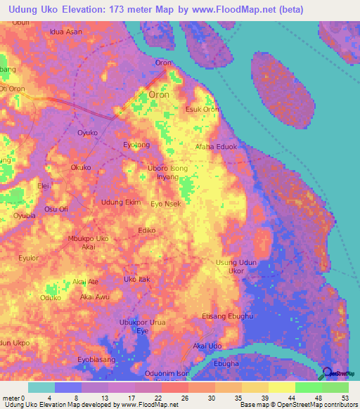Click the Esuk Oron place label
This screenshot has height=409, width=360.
(x=202, y=110)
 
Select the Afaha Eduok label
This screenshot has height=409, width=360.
(x=216, y=147)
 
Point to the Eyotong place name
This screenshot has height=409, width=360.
(x=137, y=145)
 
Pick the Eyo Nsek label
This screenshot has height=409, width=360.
(x=166, y=204)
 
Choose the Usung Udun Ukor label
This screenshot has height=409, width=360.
(x=230, y=266)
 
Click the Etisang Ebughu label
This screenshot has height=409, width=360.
(x=226, y=317)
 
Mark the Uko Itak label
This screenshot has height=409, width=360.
(x=137, y=280)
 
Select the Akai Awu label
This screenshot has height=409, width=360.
(x=95, y=297)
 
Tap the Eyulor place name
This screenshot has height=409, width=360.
(x=29, y=258)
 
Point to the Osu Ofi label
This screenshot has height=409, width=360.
(x=56, y=209)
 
